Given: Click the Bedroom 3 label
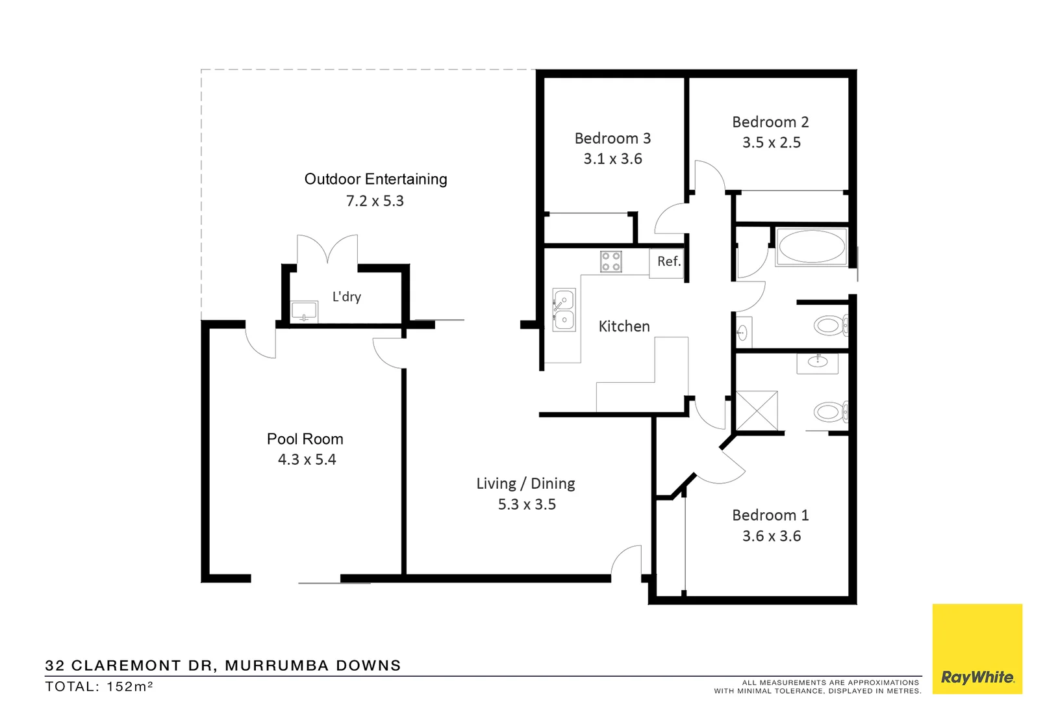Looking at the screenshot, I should pos(612,138).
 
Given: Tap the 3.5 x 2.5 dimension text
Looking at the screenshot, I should pos(771,143).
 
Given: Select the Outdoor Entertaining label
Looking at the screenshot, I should pos(375,179).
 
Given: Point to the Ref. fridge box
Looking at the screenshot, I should pos(667,262).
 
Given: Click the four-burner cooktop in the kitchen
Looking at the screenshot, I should pos(611,261).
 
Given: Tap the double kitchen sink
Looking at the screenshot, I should pos(564,310).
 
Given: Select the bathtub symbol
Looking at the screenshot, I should pos(811,247).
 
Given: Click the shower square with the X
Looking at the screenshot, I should pos(757,411).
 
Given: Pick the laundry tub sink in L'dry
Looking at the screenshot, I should pos(304,311).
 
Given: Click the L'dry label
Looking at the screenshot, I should pos(346,297).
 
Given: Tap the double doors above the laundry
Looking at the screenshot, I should pos(327,250).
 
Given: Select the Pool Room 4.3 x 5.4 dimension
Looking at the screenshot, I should pos(307,460).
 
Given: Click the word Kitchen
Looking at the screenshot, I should pos(623,326).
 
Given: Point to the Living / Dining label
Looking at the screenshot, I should pos(525,484).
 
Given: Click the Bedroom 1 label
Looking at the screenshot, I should pos(770,515).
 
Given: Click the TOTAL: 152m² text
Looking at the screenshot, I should pos(99,686).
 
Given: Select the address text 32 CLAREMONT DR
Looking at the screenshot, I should pos(130,666).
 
